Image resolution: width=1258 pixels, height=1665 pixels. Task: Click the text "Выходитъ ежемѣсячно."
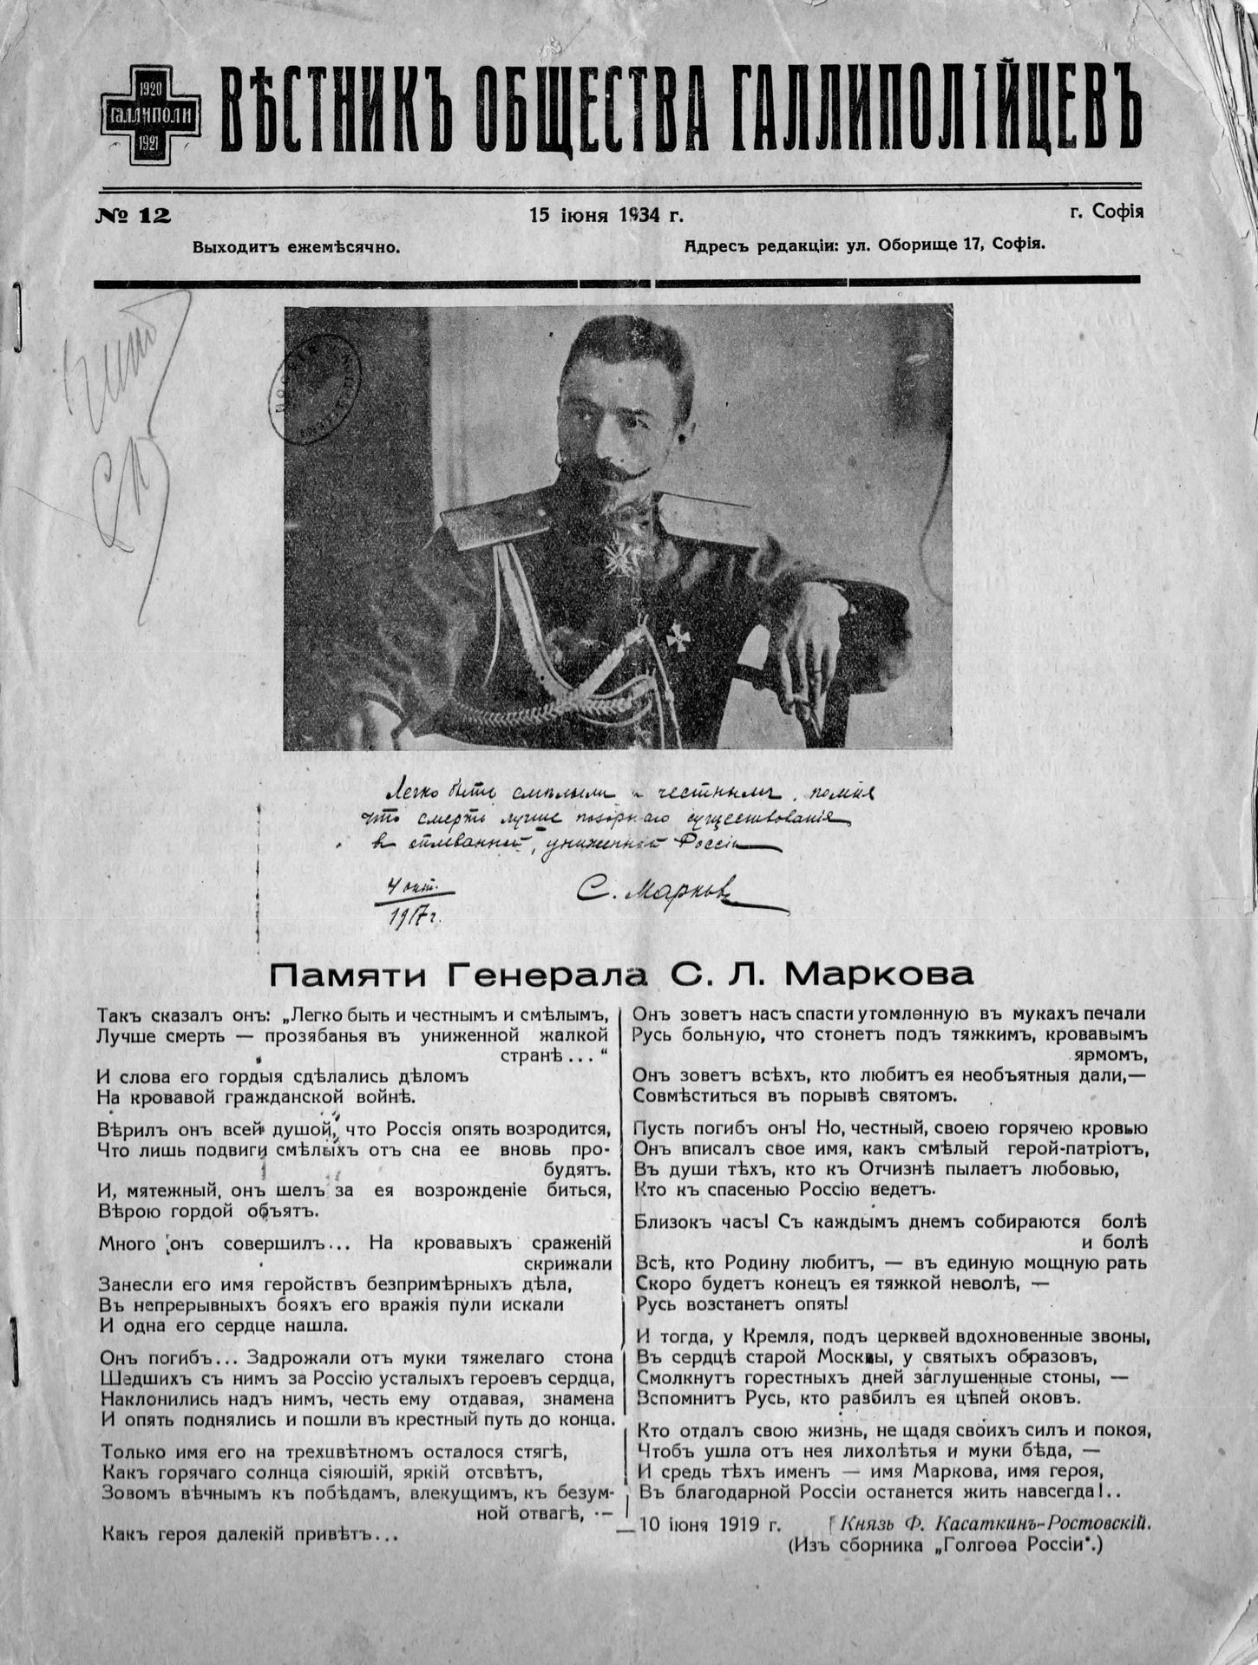tap(296, 247)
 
